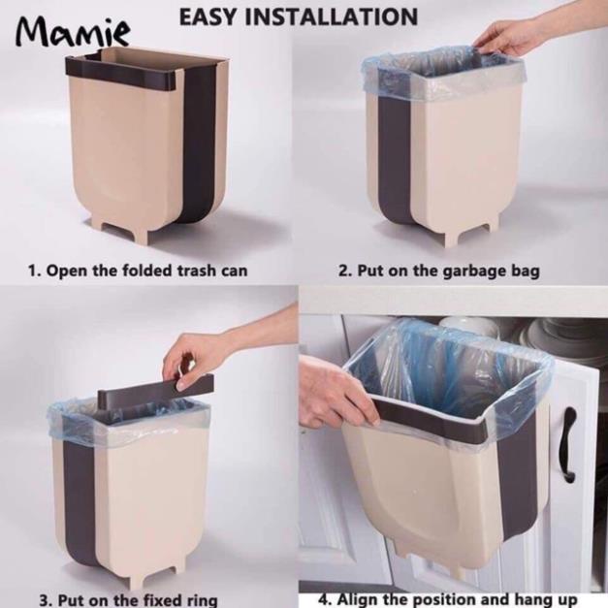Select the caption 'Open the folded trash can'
click(146, 271)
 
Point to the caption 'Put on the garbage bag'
click(448, 271)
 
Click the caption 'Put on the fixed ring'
click(138, 600)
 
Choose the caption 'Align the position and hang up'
click(458, 599)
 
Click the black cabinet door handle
click(569, 444)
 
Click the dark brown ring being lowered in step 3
click(155, 387)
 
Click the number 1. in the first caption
click(34, 271)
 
